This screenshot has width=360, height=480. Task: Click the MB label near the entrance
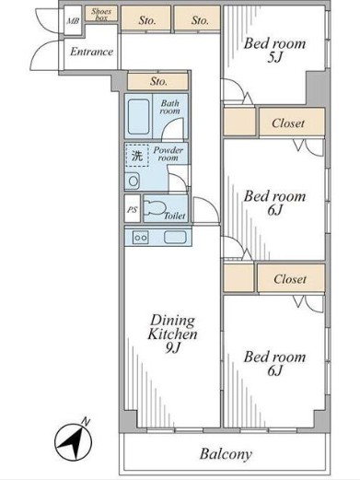pos(73,21)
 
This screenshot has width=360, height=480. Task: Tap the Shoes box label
pos(101,15)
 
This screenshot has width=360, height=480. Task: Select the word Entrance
pos(91,52)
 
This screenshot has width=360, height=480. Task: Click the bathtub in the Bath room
pos(139,116)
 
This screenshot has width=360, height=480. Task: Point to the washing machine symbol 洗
pos(137,156)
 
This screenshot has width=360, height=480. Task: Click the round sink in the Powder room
pos(133,181)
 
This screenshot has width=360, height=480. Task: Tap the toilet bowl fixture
pos(155,208)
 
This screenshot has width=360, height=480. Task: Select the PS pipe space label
pos(133,210)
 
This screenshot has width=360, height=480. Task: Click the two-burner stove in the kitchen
pos(141,238)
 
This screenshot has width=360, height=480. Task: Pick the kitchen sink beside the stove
pos(175,237)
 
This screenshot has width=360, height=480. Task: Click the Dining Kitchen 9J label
pos(172,334)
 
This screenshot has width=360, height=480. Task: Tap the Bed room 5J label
pos(274,51)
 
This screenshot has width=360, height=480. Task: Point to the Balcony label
pos(226,454)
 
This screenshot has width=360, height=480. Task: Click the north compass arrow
pos(74,442)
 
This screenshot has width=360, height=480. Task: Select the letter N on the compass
pos(86,422)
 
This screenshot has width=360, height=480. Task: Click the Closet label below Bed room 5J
pos(288,123)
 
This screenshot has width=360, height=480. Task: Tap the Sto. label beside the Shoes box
pos(147,20)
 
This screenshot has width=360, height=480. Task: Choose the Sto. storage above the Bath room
pos(158,81)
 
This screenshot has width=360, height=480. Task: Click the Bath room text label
pos(169,107)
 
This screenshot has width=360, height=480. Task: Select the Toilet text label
pos(175,216)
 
